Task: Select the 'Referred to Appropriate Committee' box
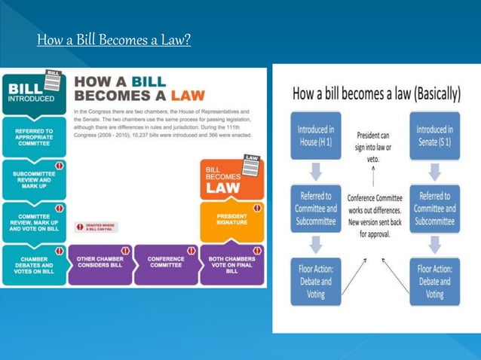click(x=33, y=137)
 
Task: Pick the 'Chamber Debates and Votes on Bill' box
click(x=33, y=265)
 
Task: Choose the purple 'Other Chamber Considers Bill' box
click(x=100, y=265)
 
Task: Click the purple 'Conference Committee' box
click(x=166, y=265)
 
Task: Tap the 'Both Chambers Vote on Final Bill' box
click(x=232, y=265)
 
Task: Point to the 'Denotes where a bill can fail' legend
click(x=97, y=227)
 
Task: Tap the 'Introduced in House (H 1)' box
click(x=317, y=136)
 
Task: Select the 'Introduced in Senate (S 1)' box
click(x=435, y=136)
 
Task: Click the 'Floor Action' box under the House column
click(x=317, y=280)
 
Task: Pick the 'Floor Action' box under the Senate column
click(x=435, y=280)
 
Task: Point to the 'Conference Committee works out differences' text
click(x=375, y=215)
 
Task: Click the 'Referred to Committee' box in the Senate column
click(x=435, y=209)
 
